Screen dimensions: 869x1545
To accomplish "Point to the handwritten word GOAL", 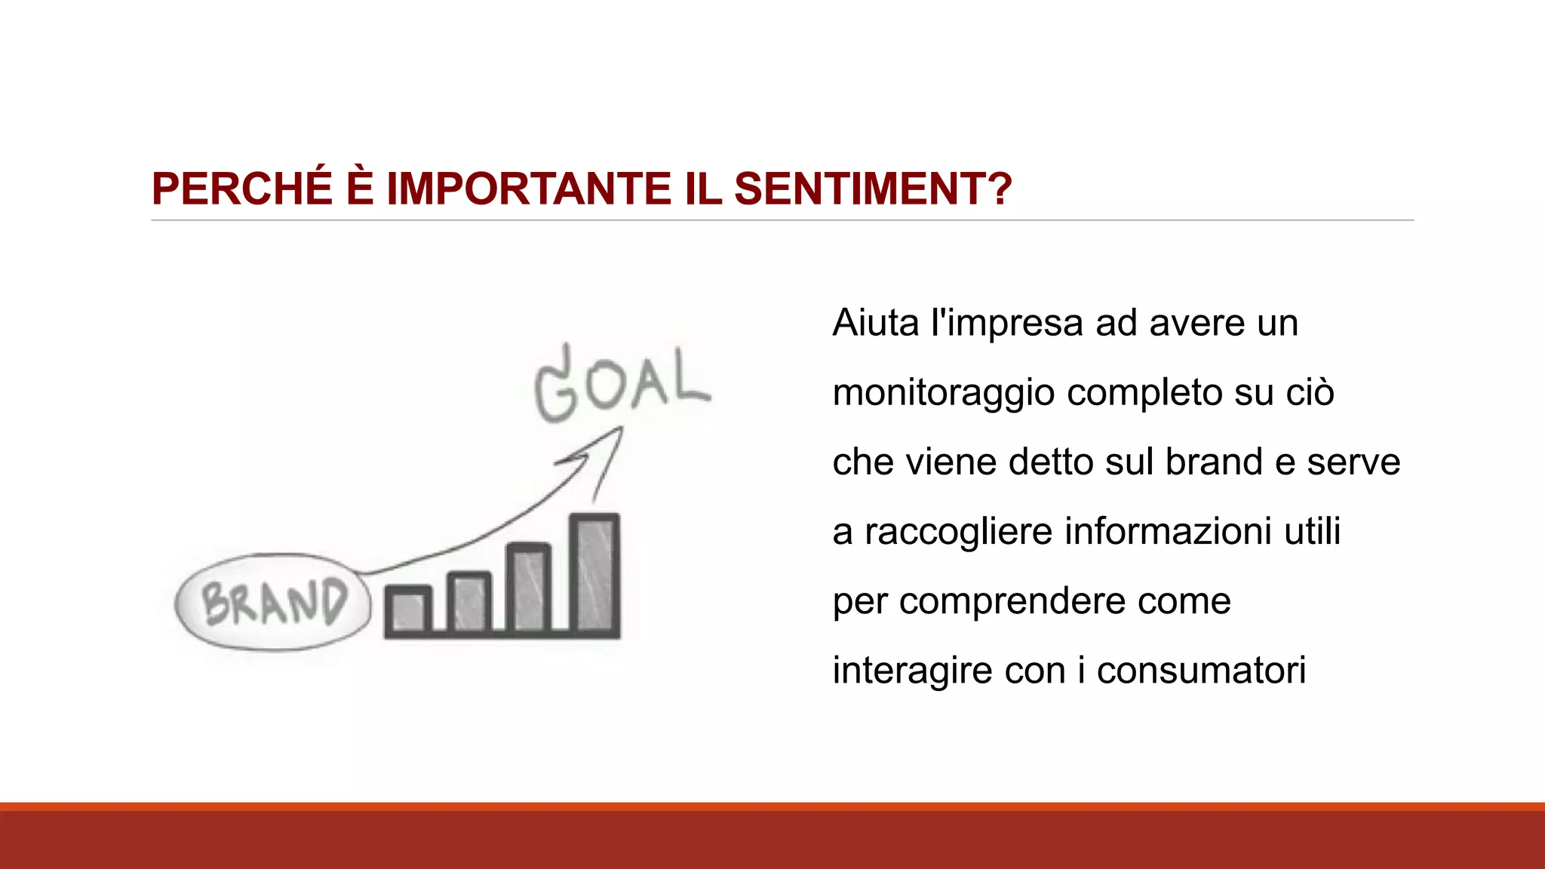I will pos(622,385).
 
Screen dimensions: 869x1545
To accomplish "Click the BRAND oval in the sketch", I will pos(273,603).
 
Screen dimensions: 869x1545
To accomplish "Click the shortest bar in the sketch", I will pos(408,609).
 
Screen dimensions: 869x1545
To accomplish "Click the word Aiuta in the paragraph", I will pos(876,323).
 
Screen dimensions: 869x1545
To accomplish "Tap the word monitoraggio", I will pos(944,393).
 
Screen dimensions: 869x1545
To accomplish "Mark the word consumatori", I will pos(1201,671).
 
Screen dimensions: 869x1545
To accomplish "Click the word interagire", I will pos(912,671).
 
